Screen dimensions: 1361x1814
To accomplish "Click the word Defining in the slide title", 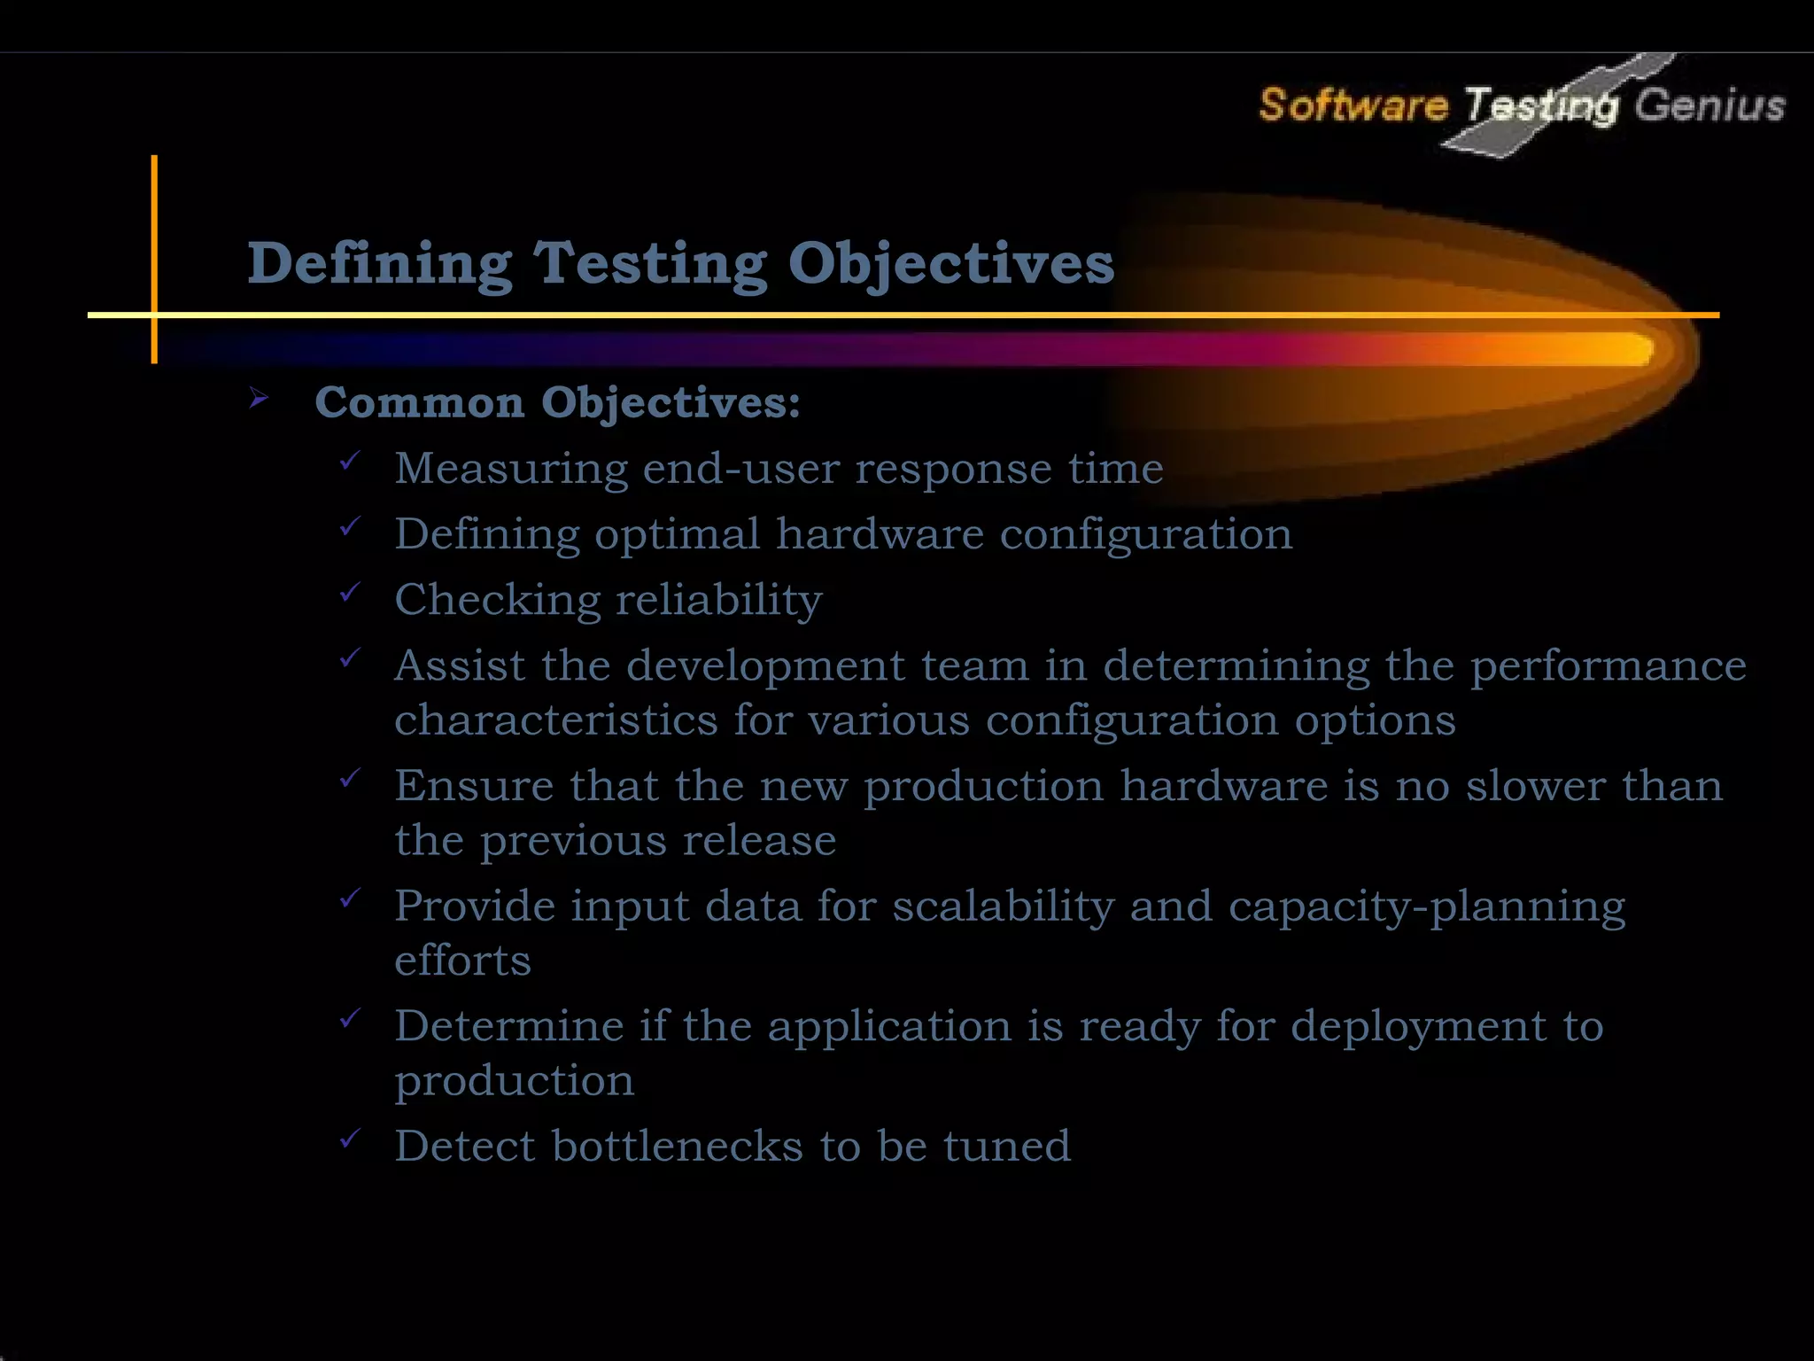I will pyautogui.click(x=379, y=264).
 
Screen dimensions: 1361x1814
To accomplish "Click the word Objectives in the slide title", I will pyautogui.click(x=950, y=264).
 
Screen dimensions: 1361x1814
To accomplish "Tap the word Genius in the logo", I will pyautogui.click(x=1709, y=105).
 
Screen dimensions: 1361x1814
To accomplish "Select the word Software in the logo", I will pyautogui.click(x=1353, y=105).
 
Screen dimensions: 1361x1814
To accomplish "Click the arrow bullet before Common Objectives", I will pyautogui.click(x=259, y=398).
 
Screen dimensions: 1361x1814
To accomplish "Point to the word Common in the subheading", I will pyautogui.click(x=420, y=402).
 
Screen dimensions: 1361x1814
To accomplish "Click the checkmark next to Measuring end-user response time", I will pyautogui.click(x=350, y=461).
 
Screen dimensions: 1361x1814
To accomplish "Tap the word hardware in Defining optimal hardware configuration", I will pyautogui.click(x=880, y=534).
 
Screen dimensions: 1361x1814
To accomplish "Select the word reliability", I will pyautogui.click(x=719, y=600).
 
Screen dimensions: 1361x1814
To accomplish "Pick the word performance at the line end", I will pyautogui.click(x=1609, y=665).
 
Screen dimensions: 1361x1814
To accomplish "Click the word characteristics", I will pyautogui.click(x=555, y=719).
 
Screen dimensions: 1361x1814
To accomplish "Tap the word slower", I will pyautogui.click(x=1535, y=786).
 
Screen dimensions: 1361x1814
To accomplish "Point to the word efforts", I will pyautogui.click(x=462, y=960).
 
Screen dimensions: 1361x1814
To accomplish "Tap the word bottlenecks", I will pyautogui.click(x=678, y=1146).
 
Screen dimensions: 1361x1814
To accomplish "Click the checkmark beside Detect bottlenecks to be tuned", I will pyautogui.click(x=350, y=1139).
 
